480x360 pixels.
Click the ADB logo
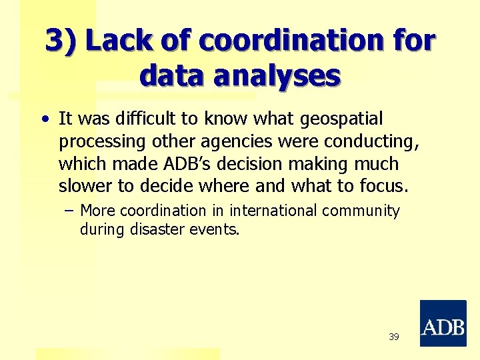pos(443,323)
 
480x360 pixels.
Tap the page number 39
pos(393,337)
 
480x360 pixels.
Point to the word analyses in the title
pos(277,76)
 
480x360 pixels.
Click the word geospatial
pos(342,119)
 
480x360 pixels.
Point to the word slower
pos(84,186)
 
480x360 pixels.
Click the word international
pos(274,211)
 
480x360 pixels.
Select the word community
pos(361,211)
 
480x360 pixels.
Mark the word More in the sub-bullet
pos(97,211)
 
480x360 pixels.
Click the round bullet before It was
pos(44,121)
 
